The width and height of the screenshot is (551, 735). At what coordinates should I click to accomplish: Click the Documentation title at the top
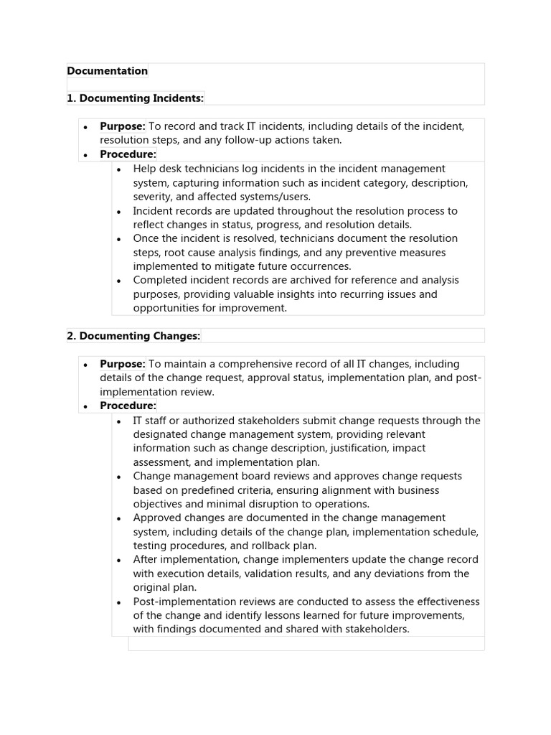pyautogui.click(x=107, y=71)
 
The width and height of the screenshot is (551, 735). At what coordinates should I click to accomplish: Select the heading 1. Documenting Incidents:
pyautogui.click(x=135, y=98)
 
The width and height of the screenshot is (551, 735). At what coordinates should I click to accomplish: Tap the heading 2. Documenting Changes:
pyautogui.click(x=133, y=336)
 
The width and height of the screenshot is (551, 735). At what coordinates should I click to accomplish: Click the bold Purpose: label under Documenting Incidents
pyautogui.click(x=123, y=127)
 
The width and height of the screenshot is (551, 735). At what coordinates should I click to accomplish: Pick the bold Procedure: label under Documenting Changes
pyautogui.click(x=128, y=406)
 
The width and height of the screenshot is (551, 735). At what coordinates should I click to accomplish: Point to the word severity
pyautogui.click(x=154, y=197)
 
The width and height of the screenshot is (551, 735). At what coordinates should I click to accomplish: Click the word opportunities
pyautogui.click(x=166, y=309)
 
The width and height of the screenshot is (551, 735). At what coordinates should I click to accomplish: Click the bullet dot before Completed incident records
pyautogui.click(x=119, y=281)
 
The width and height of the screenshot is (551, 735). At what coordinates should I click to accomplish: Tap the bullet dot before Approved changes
pyautogui.click(x=119, y=519)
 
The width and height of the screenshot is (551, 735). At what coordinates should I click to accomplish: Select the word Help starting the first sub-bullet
pyautogui.click(x=145, y=169)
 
